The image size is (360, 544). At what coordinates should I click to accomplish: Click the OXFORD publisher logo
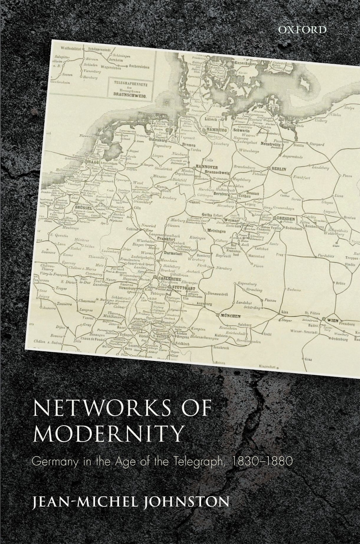[x=302, y=30]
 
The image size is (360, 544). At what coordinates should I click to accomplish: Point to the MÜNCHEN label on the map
[x=230, y=316]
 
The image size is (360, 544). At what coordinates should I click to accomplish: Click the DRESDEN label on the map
[x=286, y=218]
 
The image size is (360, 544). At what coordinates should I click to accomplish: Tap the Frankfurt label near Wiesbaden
[x=167, y=238]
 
